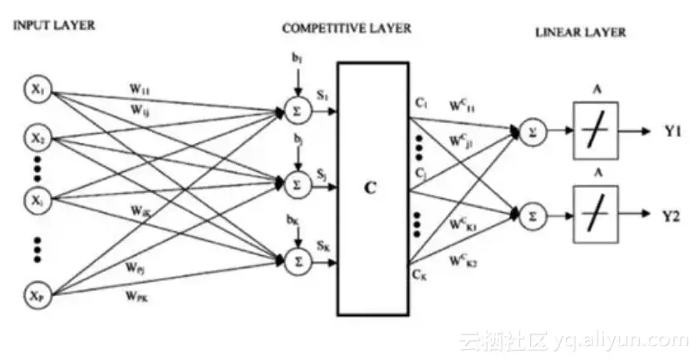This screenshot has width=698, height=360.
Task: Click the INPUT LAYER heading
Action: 54,26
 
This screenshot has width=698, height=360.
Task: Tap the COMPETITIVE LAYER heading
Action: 347,28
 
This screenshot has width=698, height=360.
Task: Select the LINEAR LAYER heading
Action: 580,33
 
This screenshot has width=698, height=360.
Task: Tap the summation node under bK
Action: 296,261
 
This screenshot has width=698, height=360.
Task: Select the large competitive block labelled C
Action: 372,188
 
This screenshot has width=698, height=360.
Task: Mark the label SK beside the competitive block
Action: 322,247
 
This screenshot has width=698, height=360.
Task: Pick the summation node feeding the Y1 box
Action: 533,132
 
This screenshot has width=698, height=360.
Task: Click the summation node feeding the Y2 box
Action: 533,215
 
